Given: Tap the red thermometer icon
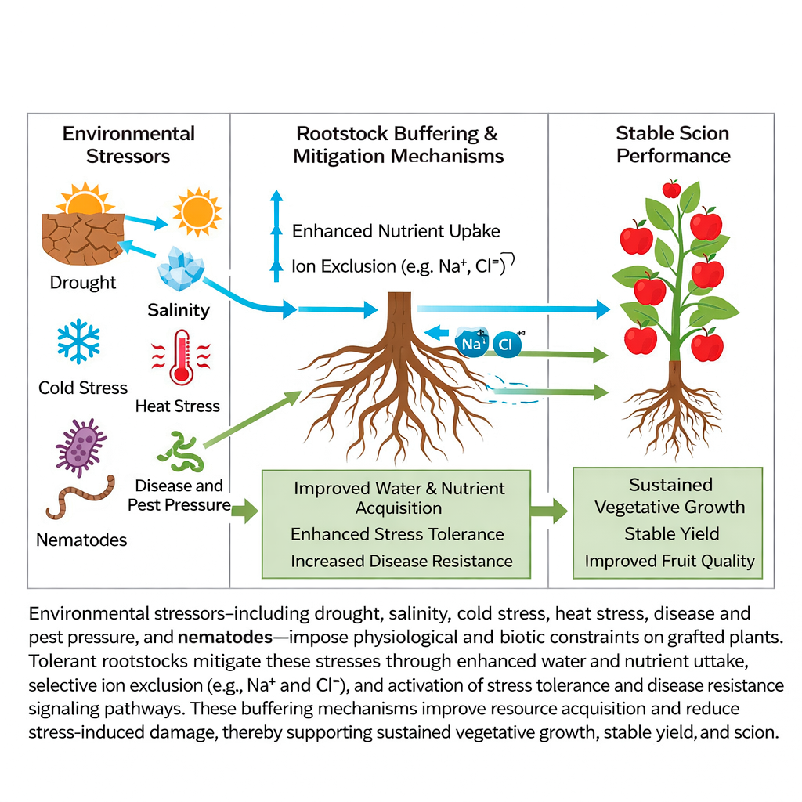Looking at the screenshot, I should click(x=182, y=357).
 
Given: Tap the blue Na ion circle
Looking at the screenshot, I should click(x=472, y=343).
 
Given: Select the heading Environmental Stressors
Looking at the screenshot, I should click(x=128, y=145).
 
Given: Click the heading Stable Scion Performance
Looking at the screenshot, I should click(x=673, y=144).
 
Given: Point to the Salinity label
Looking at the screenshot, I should click(x=179, y=310).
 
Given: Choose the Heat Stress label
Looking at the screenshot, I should click(x=178, y=406).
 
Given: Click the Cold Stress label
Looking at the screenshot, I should click(x=83, y=388).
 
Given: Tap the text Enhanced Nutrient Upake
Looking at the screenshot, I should click(x=396, y=231).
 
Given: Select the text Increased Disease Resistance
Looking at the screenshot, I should click(x=401, y=561).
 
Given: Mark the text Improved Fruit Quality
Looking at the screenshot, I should click(x=669, y=561).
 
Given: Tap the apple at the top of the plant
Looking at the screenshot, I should click(x=671, y=189).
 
